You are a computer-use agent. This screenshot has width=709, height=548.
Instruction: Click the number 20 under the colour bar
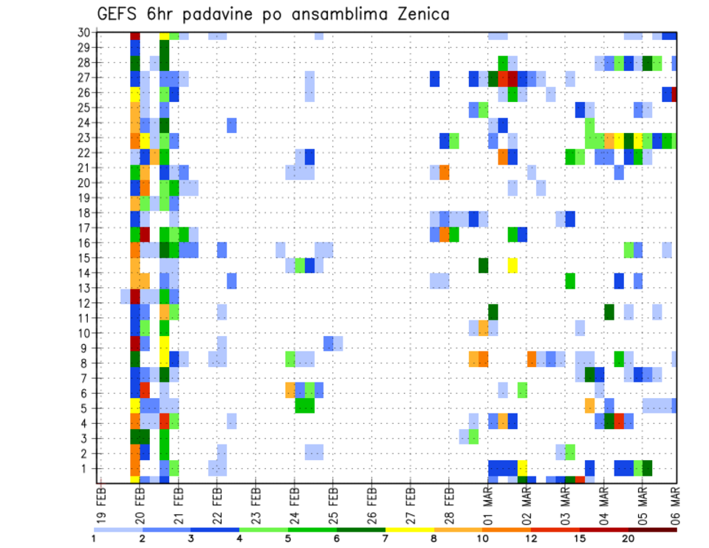click(x=628, y=538)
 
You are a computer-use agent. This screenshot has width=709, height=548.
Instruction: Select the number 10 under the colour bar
click(x=482, y=538)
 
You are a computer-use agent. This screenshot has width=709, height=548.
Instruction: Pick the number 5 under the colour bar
click(x=288, y=538)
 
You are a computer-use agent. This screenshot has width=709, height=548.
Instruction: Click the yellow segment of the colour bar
click(x=409, y=530)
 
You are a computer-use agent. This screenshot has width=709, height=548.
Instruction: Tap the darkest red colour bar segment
click(x=652, y=530)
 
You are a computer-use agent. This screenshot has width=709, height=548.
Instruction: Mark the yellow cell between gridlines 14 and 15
click(x=513, y=265)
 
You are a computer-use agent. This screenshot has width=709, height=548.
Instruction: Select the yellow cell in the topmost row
click(x=164, y=35)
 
